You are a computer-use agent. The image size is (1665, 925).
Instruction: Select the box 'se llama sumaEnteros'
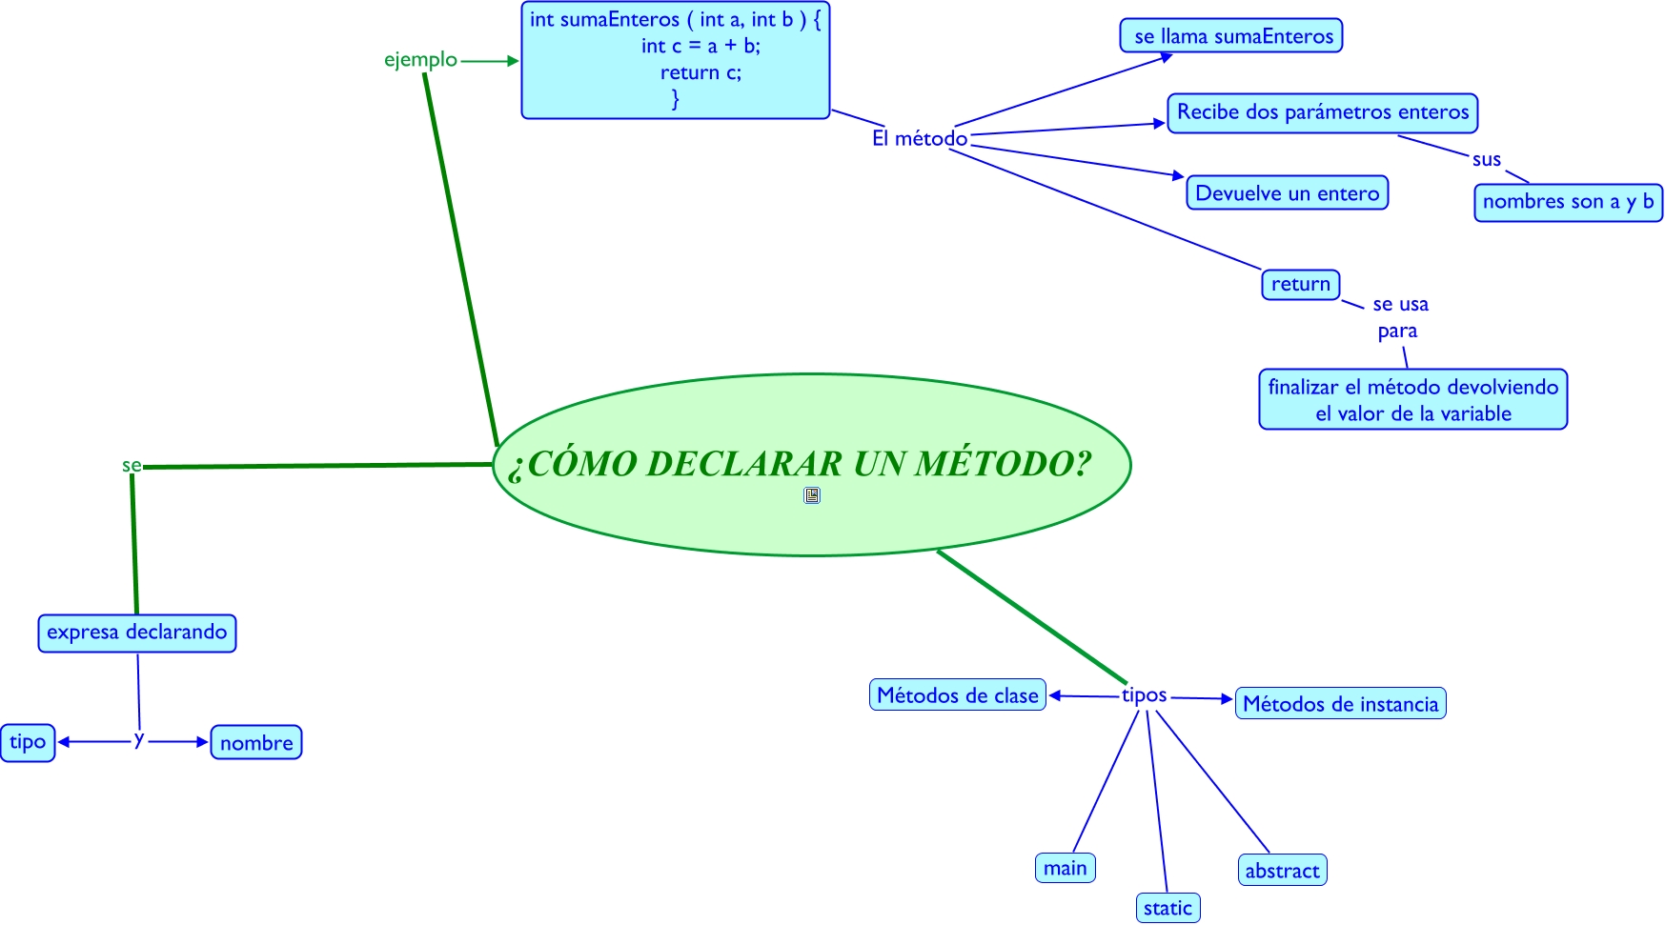click(x=1231, y=36)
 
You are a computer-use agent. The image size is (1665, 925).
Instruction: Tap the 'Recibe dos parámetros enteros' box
click(x=1322, y=112)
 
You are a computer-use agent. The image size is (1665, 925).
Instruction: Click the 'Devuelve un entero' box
click(x=1287, y=193)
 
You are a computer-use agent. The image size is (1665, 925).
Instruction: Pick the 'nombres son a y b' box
click(x=1568, y=202)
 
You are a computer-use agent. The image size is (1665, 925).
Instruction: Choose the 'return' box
click(x=1300, y=284)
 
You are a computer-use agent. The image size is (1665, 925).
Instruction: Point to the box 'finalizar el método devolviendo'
click(x=1412, y=399)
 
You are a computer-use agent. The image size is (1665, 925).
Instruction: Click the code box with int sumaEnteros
click(x=675, y=60)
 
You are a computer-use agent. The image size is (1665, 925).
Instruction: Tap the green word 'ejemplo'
click(x=420, y=59)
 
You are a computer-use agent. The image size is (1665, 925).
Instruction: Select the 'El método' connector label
click(x=920, y=138)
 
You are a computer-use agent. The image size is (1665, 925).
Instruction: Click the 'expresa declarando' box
click(x=137, y=633)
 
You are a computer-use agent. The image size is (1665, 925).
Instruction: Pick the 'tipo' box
click(x=28, y=742)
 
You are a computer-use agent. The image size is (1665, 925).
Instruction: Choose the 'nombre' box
click(x=256, y=743)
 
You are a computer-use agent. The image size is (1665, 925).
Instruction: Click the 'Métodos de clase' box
click(x=957, y=695)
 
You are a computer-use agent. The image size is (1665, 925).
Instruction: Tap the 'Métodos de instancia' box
click(x=1340, y=704)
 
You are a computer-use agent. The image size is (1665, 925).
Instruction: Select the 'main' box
click(x=1065, y=868)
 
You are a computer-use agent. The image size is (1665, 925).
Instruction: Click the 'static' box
click(x=1168, y=908)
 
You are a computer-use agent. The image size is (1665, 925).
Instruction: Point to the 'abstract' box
click(x=1282, y=870)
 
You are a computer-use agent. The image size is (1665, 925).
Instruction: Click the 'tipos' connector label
click(x=1144, y=695)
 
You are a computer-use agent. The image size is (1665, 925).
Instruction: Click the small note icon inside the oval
click(x=812, y=495)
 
